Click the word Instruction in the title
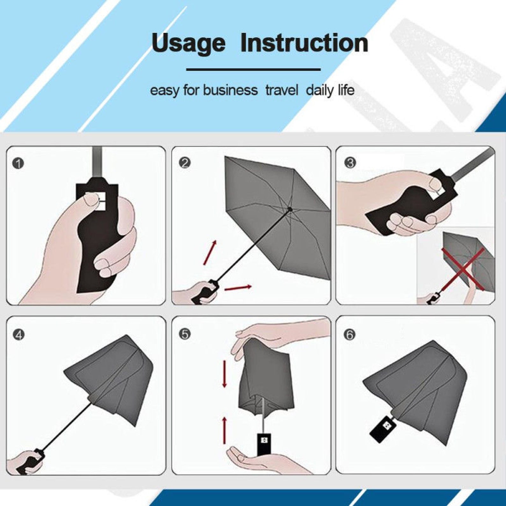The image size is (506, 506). [304, 43]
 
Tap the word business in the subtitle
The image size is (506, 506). [230, 90]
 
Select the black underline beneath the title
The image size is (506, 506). [253, 69]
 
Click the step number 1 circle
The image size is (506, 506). [18, 163]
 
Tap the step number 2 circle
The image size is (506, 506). [185, 163]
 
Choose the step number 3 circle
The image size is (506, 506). [350, 163]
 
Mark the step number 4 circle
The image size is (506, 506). [18, 335]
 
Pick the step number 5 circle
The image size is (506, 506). [185, 334]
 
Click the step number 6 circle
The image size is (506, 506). [350, 335]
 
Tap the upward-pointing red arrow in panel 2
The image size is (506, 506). [210, 253]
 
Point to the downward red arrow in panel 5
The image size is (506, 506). [224, 374]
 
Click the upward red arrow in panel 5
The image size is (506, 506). [224, 430]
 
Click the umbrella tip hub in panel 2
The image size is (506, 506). [290, 209]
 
